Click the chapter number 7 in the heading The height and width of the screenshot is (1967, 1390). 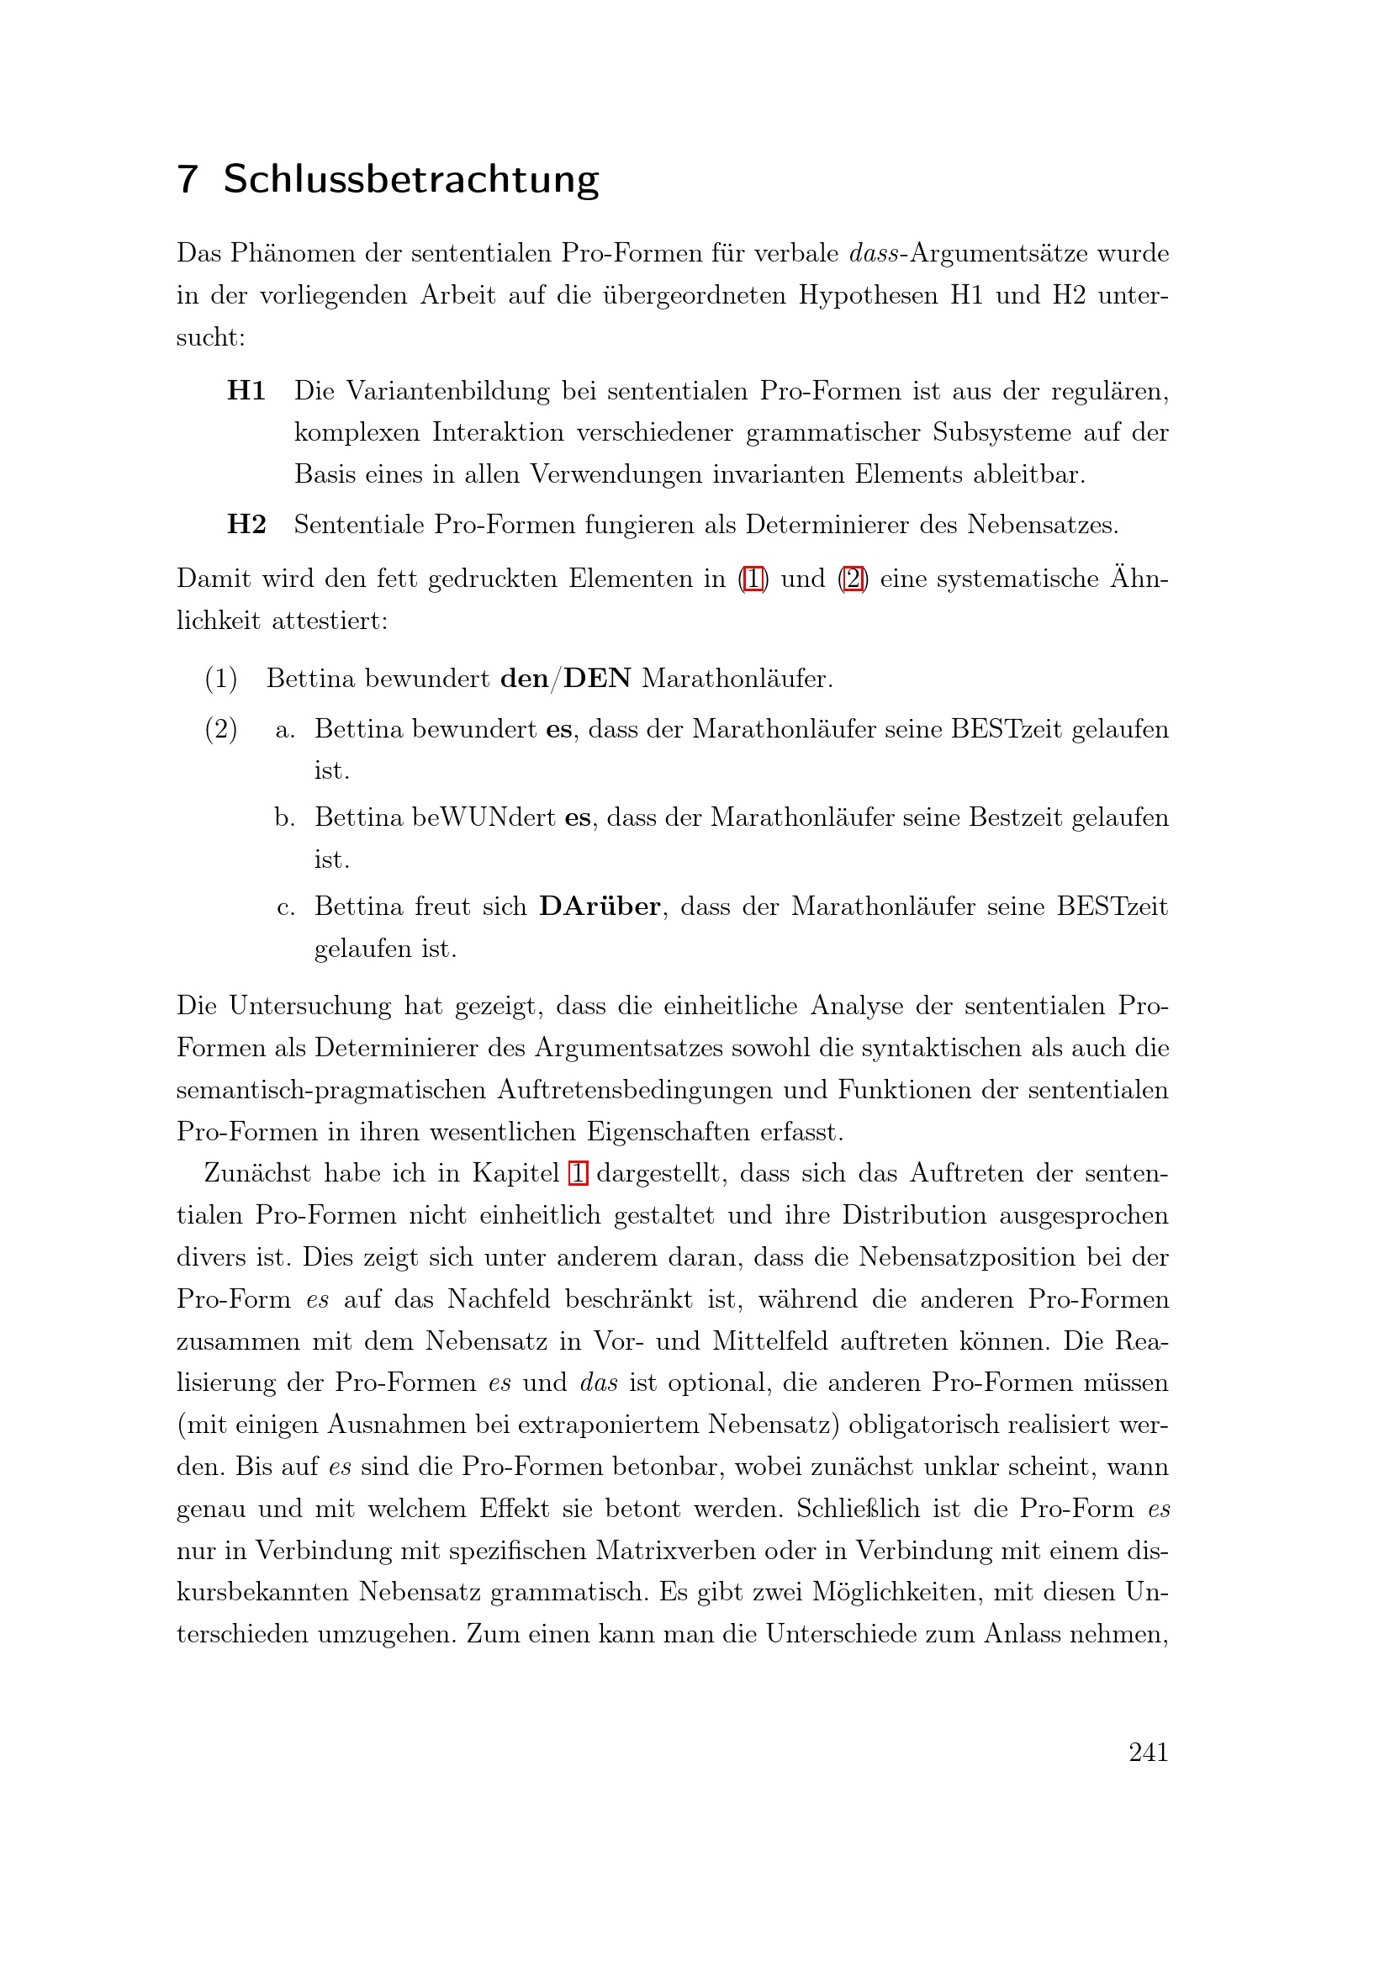point(188,180)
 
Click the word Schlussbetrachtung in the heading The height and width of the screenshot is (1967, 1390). point(411,180)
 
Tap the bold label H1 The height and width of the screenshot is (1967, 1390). point(246,392)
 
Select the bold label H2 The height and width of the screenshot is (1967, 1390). point(246,524)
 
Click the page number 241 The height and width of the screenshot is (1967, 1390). point(1149,1753)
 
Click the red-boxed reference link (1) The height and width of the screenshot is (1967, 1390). point(753,579)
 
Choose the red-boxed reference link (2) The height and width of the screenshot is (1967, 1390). point(853,579)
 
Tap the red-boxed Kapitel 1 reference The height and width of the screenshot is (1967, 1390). point(578,1173)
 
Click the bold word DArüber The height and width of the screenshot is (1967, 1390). point(600,907)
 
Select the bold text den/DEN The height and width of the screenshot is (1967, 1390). point(565,679)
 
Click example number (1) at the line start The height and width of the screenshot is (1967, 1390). point(221,679)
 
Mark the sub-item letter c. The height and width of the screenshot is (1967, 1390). point(286,907)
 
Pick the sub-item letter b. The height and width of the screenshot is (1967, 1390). point(284,818)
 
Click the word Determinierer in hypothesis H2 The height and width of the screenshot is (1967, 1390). point(827,524)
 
